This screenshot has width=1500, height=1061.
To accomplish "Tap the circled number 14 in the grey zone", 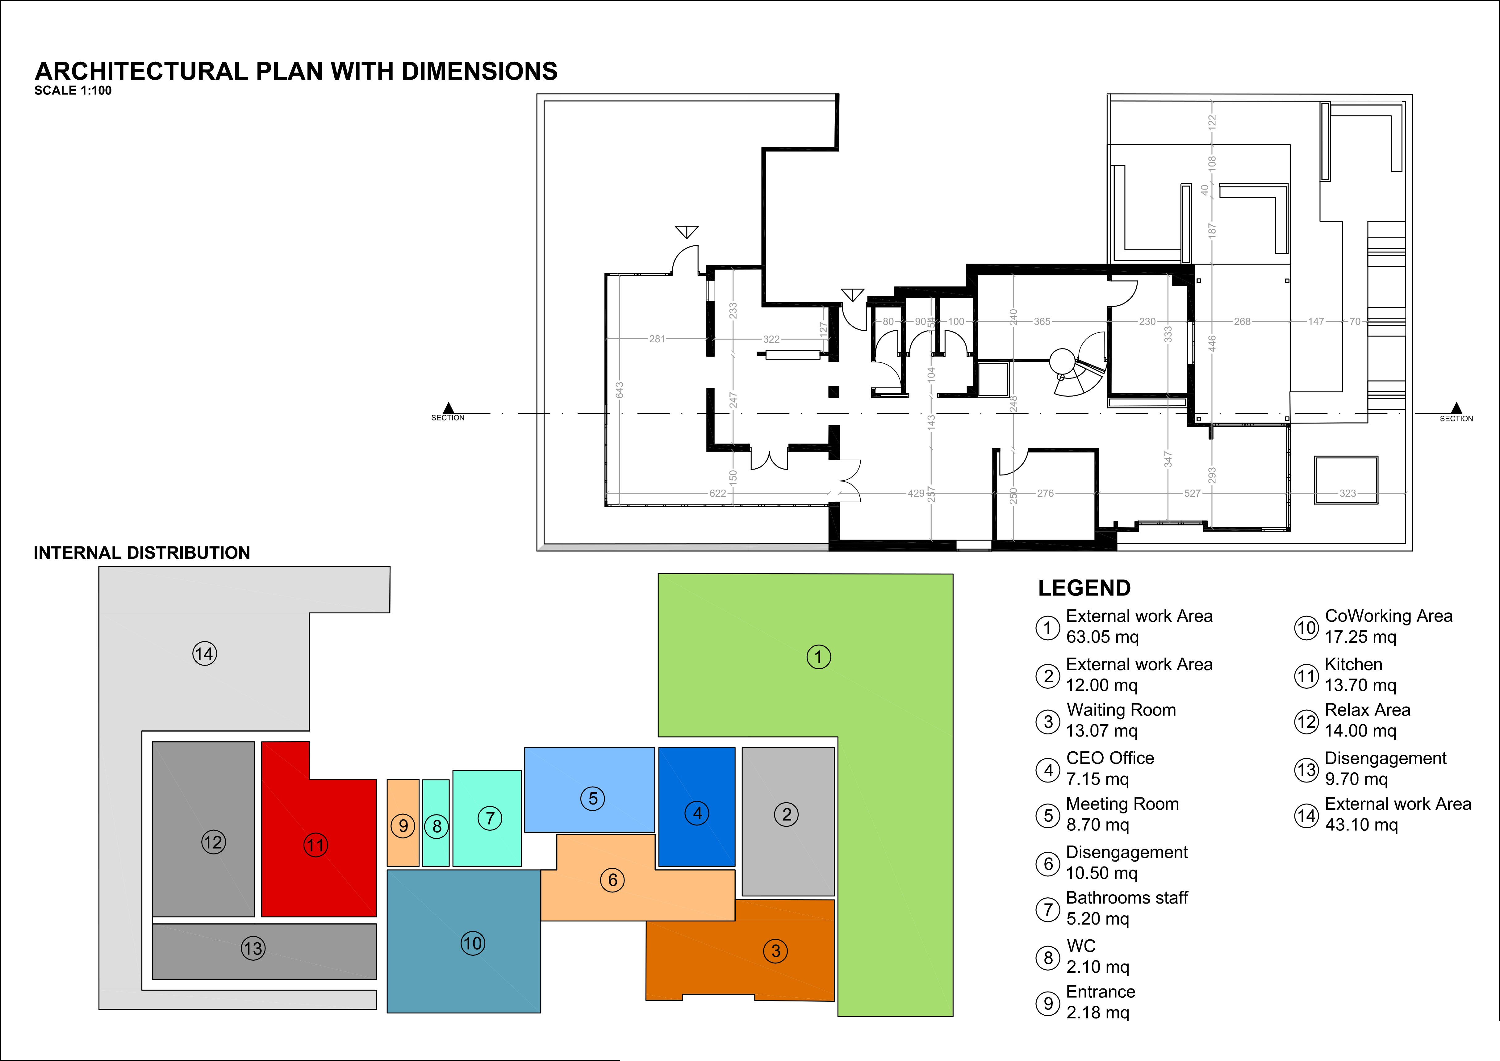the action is pyautogui.click(x=204, y=653).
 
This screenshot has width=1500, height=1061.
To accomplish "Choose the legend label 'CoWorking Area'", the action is pyautogui.click(x=1388, y=616).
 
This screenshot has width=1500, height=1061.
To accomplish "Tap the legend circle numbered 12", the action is pyautogui.click(x=1307, y=721).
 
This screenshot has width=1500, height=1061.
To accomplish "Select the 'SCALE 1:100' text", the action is pyautogui.click(x=73, y=90).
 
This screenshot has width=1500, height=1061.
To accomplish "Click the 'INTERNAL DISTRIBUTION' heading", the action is pyautogui.click(x=142, y=553).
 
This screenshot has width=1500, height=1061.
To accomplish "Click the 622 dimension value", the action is pyautogui.click(x=717, y=493).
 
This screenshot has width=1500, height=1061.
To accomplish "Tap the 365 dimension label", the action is pyautogui.click(x=1042, y=321).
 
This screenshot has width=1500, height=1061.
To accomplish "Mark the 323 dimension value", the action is pyautogui.click(x=1347, y=493).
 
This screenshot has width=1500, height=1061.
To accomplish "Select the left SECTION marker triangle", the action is pyautogui.click(x=448, y=408).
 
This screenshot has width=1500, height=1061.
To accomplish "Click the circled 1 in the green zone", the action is pyautogui.click(x=819, y=657).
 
